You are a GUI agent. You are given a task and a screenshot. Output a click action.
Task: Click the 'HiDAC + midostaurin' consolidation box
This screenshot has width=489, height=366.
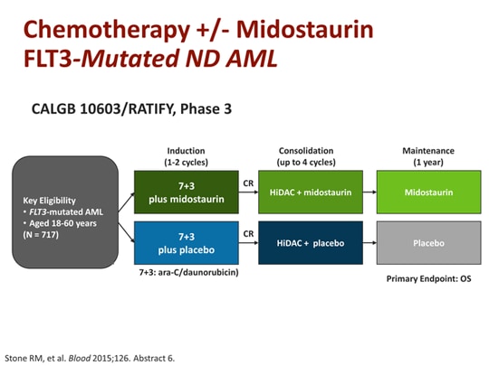pyautogui.click(x=310, y=192)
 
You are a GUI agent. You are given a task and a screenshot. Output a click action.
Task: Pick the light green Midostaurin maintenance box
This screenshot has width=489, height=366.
pyautogui.click(x=428, y=192)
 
